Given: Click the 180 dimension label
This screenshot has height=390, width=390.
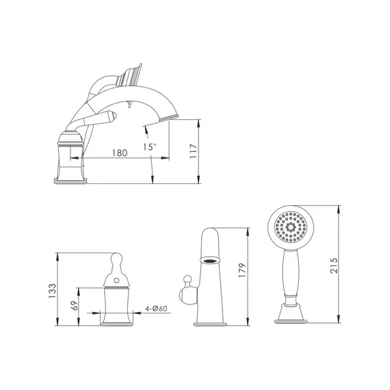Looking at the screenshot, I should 120,153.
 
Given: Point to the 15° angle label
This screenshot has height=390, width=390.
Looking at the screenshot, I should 149,146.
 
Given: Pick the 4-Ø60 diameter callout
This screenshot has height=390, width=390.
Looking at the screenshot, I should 157,309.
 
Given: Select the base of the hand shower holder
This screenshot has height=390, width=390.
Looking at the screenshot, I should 292,315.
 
